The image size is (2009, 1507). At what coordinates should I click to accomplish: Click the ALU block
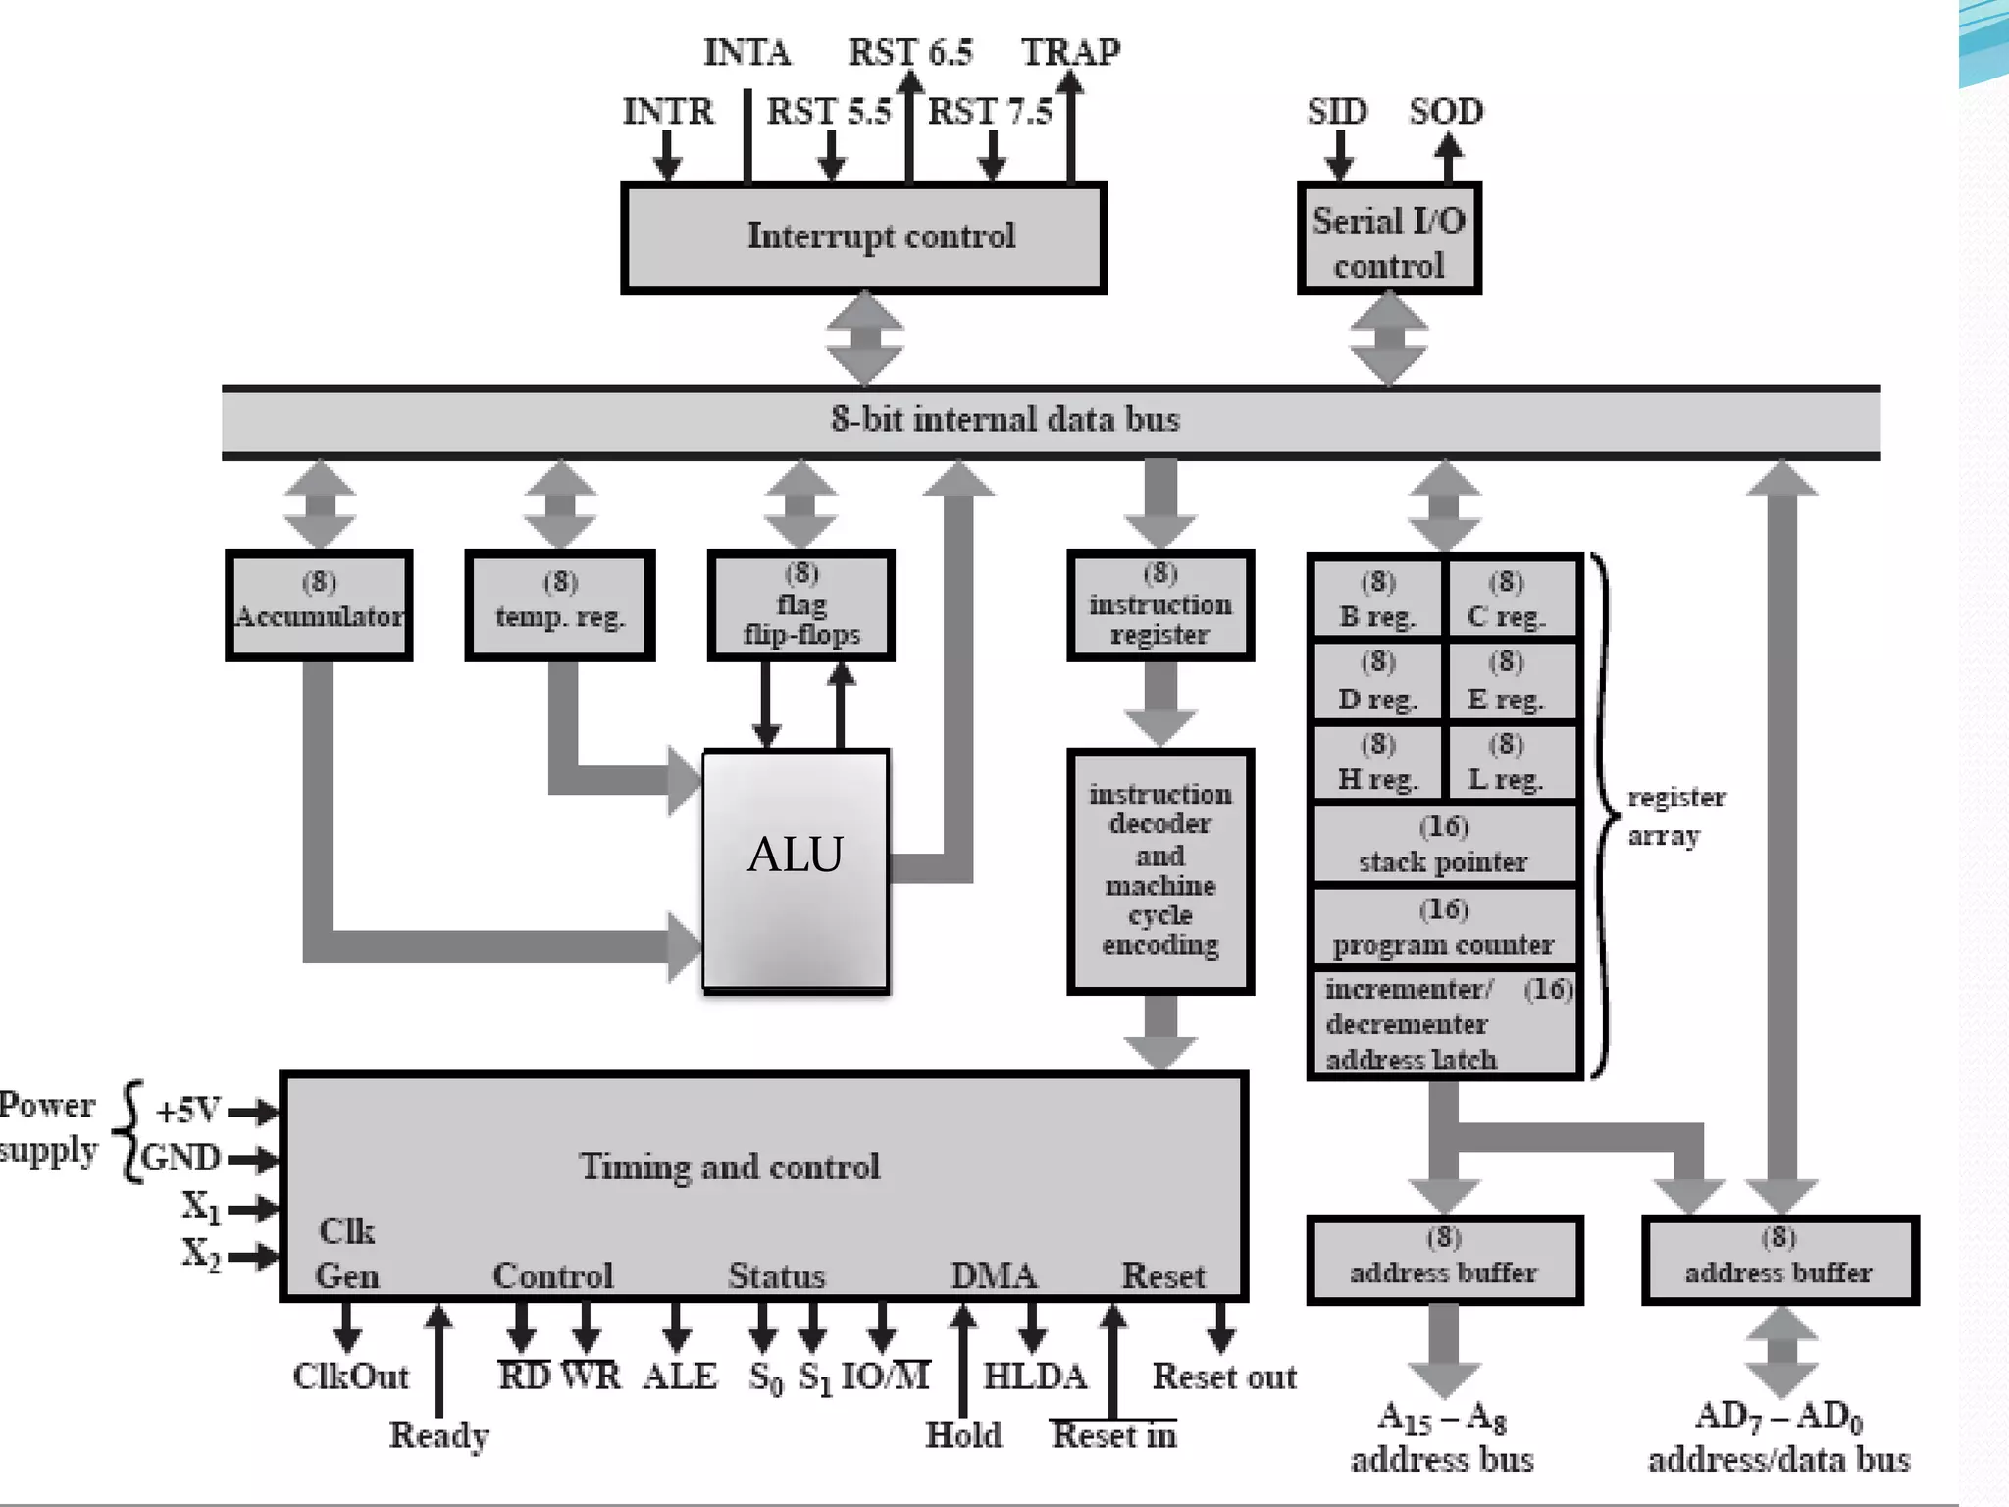[x=796, y=870]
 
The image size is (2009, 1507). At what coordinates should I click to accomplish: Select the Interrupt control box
[x=863, y=237]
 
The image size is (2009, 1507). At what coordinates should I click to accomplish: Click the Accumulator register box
[x=319, y=605]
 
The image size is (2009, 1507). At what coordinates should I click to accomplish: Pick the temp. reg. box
[x=560, y=605]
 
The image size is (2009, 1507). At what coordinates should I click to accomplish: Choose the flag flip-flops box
[x=801, y=605]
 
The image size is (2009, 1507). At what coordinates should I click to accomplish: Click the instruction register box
[x=1160, y=605]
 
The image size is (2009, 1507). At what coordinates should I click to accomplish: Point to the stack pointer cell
[x=1444, y=845]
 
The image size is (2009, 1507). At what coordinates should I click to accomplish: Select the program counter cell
[x=1444, y=927]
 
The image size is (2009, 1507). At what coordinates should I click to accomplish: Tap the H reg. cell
[x=1377, y=762]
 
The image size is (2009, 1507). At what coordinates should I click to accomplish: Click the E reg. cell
[x=1507, y=682]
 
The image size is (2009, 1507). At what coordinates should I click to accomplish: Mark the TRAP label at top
[x=1070, y=52]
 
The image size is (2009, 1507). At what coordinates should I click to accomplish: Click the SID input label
[x=1336, y=111]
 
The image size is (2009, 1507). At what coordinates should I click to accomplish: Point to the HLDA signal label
[x=1035, y=1377]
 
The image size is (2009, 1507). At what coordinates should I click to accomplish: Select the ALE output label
[x=680, y=1377]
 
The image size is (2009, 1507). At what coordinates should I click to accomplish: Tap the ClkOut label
[x=350, y=1377]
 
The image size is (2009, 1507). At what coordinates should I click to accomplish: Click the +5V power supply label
[x=188, y=1110]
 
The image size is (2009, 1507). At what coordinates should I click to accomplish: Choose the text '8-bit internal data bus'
[x=1004, y=420]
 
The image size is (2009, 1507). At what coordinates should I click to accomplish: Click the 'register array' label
[x=1675, y=816]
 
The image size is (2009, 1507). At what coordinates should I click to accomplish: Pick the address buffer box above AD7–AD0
[x=1779, y=1260]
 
